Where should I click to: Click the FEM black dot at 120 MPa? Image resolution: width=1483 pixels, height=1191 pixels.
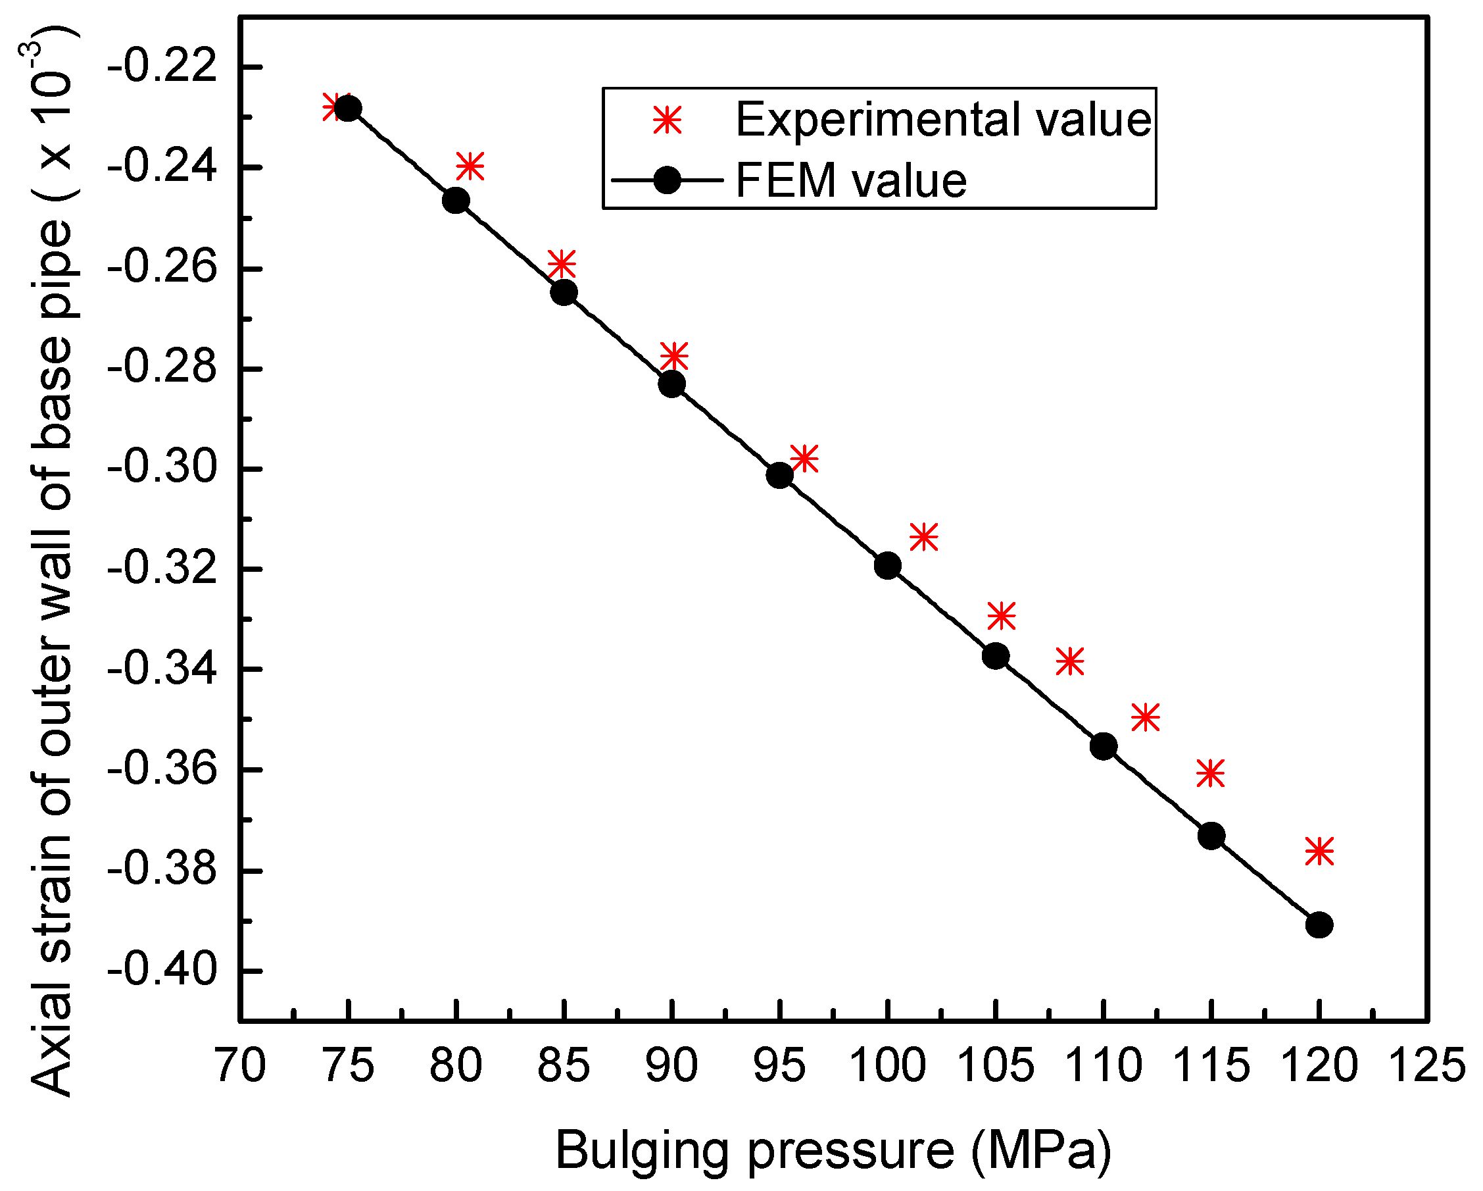(x=1319, y=925)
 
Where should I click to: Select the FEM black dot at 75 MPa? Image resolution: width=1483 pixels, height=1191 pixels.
(x=348, y=108)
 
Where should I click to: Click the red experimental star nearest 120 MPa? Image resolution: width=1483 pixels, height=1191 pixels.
(x=1319, y=851)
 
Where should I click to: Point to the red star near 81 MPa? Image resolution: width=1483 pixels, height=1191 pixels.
(x=470, y=166)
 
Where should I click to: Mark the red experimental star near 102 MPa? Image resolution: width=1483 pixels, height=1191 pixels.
(x=924, y=537)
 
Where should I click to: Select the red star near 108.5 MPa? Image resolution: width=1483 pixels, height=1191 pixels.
(x=1069, y=661)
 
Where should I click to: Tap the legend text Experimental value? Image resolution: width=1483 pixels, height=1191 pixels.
(x=943, y=120)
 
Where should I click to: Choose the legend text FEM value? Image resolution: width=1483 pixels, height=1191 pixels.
(x=851, y=181)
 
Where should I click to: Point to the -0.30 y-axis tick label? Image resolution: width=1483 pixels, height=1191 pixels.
(x=162, y=469)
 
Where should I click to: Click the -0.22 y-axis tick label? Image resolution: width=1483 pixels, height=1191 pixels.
(x=162, y=67)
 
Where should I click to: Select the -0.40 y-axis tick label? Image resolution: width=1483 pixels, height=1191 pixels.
(x=162, y=971)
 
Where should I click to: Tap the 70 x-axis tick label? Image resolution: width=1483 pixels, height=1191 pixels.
(x=240, y=1066)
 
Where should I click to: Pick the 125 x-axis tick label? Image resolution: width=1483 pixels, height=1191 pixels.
(x=1427, y=1066)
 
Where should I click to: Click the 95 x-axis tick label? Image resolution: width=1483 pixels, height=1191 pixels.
(x=779, y=1066)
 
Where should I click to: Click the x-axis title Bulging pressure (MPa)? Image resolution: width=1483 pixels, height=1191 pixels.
(x=834, y=1150)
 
